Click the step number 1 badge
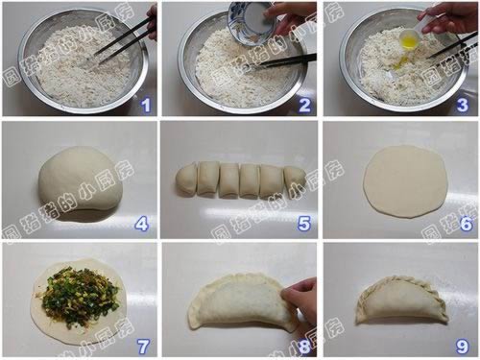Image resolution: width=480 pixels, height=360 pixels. click(x=144, y=106)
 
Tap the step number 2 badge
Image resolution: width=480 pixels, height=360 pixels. click(x=304, y=106)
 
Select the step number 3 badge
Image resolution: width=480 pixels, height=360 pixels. click(x=465, y=106)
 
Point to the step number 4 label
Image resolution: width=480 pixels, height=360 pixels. click(x=142, y=226)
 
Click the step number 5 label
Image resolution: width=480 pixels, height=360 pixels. click(x=303, y=226)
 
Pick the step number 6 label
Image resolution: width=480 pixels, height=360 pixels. click(x=465, y=226)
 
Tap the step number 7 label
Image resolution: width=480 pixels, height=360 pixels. click(x=142, y=346)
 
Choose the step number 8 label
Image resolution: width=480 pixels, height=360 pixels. click(x=303, y=346)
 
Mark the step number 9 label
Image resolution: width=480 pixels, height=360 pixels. click(x=465, y=346)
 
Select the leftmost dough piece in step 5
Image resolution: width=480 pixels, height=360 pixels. click(x=186, y=179)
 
